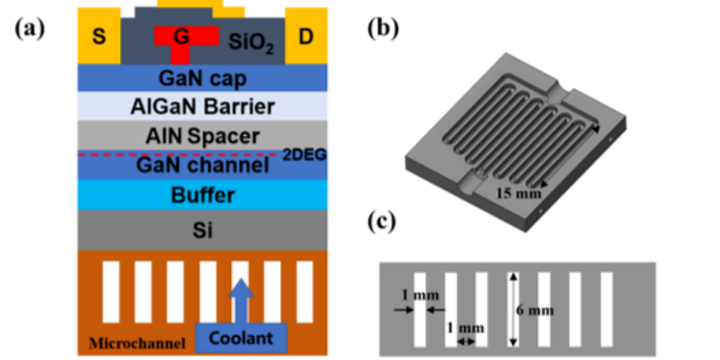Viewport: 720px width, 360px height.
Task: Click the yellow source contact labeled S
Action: [98, 36]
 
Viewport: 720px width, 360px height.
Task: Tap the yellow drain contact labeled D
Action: [306, 36]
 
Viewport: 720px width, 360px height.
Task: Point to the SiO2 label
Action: [251, 44]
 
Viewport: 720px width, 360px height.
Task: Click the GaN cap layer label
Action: [203, 78]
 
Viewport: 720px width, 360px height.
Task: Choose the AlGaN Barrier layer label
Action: [203, 106]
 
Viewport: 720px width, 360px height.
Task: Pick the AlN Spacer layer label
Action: [203, 136]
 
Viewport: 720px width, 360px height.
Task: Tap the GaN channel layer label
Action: [203, 165]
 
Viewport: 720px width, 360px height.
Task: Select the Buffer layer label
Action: [203, 195]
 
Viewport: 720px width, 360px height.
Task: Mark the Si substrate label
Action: [203, 230]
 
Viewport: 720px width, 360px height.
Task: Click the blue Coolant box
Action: [241, 339]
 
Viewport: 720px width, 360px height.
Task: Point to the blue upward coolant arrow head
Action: [241, 288]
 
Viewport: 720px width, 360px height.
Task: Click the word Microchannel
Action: [137, 343]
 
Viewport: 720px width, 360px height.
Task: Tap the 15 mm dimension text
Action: [519, 193]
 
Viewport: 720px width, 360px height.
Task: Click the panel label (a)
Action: [30, 28]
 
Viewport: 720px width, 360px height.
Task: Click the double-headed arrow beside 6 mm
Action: [514, 309]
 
